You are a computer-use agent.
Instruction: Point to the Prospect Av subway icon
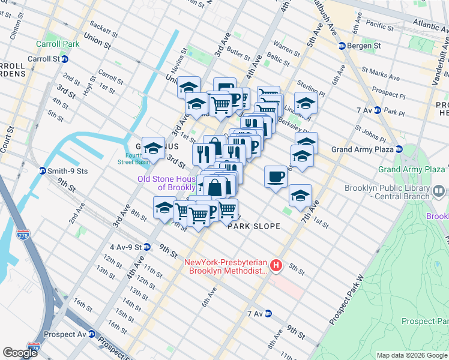click(x=92, y=334)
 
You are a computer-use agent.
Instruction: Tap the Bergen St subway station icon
click(x=342, y=46)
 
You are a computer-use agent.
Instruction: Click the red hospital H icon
click(x=276, y=265)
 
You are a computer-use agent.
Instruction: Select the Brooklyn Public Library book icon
click(x=439, y=191)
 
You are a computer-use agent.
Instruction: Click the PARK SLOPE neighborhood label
click(x=254, y=226)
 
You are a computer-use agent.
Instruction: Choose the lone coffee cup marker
click(x=276, y=176)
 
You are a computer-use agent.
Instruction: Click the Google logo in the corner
click(x=20, y=352)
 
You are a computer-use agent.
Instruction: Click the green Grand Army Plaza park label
click(x=411, y=170)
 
